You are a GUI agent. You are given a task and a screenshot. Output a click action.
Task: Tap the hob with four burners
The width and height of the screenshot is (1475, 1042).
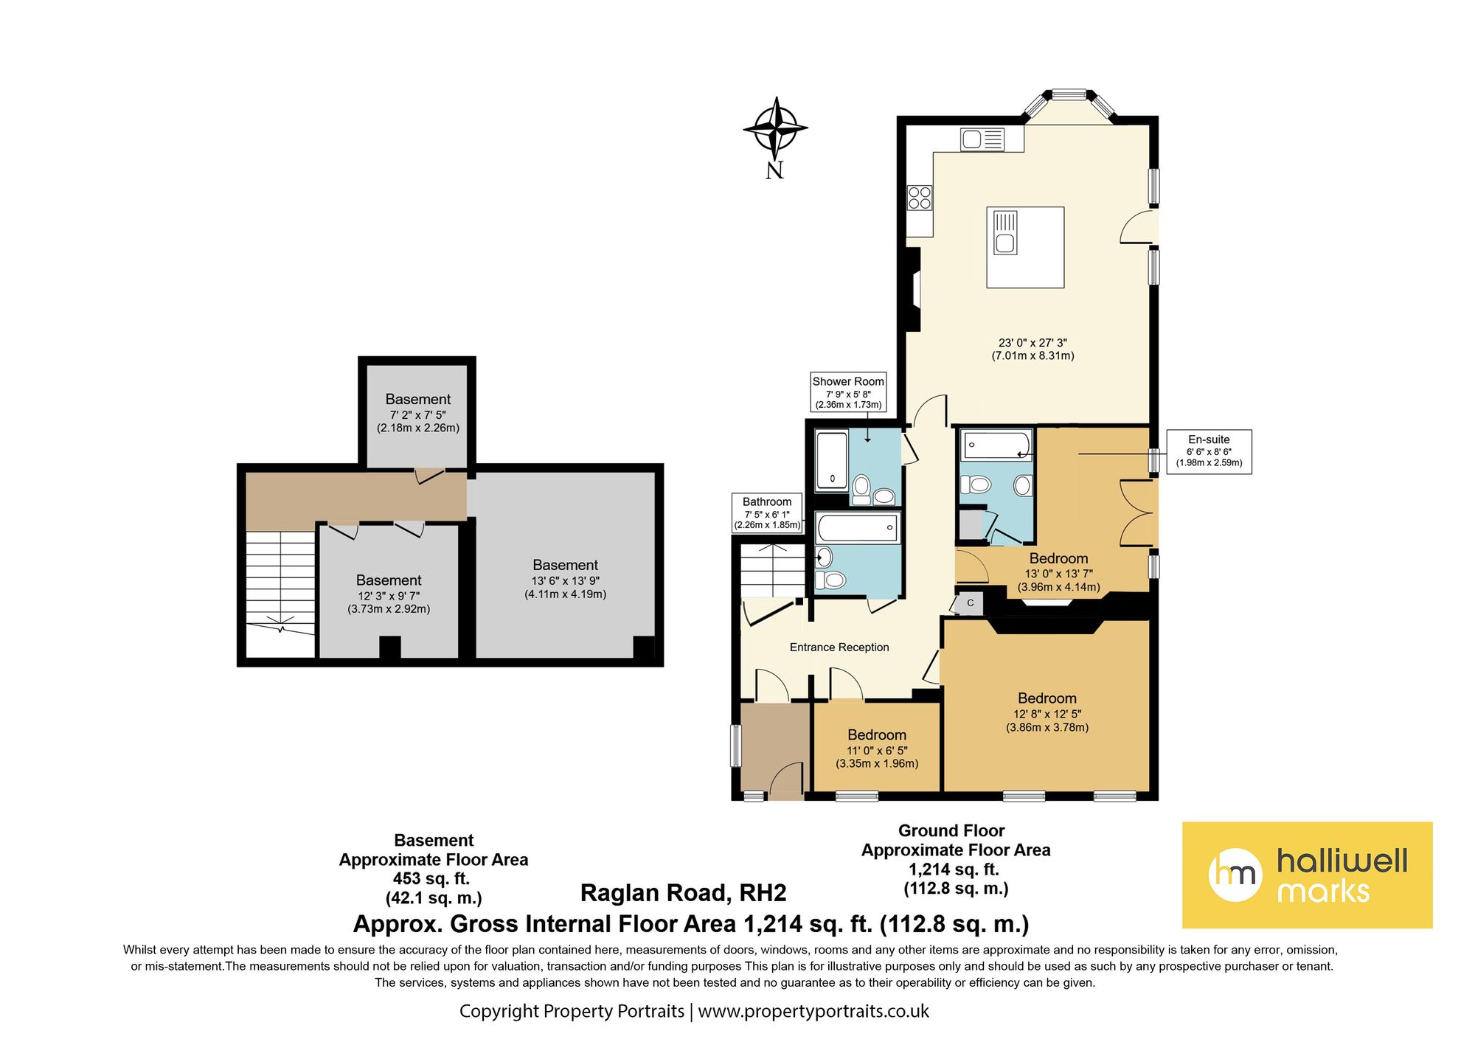920,198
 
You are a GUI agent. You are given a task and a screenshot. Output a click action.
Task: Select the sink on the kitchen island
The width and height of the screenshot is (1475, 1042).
1005,232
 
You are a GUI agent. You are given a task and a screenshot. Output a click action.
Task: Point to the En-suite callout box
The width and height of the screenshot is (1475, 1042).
1209,451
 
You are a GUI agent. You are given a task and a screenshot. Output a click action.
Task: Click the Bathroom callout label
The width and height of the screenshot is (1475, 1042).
767,513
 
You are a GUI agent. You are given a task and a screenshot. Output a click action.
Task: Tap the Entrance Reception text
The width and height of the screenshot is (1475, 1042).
839,647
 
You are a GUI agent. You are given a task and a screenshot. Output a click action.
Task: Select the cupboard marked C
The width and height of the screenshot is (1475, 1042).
970,603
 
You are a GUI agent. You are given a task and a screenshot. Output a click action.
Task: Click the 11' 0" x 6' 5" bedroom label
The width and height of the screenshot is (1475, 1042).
877,749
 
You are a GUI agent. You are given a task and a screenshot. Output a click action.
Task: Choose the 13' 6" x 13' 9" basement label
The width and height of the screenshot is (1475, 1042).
566,580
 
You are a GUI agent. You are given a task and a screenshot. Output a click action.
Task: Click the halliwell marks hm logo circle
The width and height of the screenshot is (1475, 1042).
1235,875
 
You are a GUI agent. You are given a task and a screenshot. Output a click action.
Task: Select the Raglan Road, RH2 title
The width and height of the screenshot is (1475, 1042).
684,893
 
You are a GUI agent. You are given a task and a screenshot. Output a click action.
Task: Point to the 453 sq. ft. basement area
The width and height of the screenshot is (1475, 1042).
431,879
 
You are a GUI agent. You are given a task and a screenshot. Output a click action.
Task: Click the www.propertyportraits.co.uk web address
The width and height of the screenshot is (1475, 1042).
813,1011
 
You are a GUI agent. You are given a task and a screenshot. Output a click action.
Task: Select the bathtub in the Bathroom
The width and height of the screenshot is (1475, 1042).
858,528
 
